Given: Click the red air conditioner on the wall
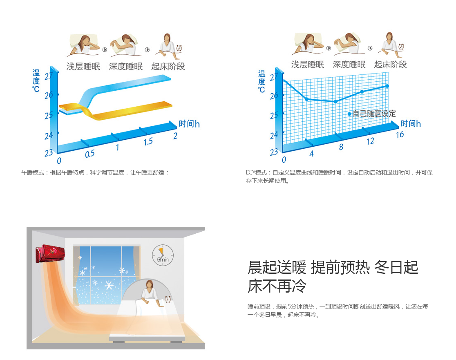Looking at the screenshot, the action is tap(50, 253).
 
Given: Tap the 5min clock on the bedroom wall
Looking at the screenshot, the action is tap(163, 255).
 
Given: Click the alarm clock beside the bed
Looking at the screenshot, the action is tap(168, 299).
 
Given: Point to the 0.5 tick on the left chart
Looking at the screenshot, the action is tap(90, 154).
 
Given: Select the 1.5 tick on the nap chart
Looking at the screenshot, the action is tap(148, 142).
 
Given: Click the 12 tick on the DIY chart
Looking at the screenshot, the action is tap(370, 141).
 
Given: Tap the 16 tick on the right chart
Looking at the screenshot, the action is tap(400, 134).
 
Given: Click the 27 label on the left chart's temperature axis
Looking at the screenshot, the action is tap(49, 76).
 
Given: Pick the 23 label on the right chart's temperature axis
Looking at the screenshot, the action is tap(274, 152).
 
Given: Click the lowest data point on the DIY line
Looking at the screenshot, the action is tap(335, 102).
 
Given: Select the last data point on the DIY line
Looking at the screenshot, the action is tap(387, 86).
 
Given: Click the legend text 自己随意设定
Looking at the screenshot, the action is tap(374, 114).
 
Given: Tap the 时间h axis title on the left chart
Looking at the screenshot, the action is tap(189, 124).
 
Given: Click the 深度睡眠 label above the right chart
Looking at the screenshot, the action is tap(349, 65).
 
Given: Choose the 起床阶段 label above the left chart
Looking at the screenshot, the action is tap(168, 66).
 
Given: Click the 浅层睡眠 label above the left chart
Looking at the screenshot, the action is tap(83, 66).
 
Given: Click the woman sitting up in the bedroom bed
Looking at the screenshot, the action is tap(150, 292).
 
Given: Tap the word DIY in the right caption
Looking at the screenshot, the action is tap(250, 172).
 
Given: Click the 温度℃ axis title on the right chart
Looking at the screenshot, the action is tap(262, 82).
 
